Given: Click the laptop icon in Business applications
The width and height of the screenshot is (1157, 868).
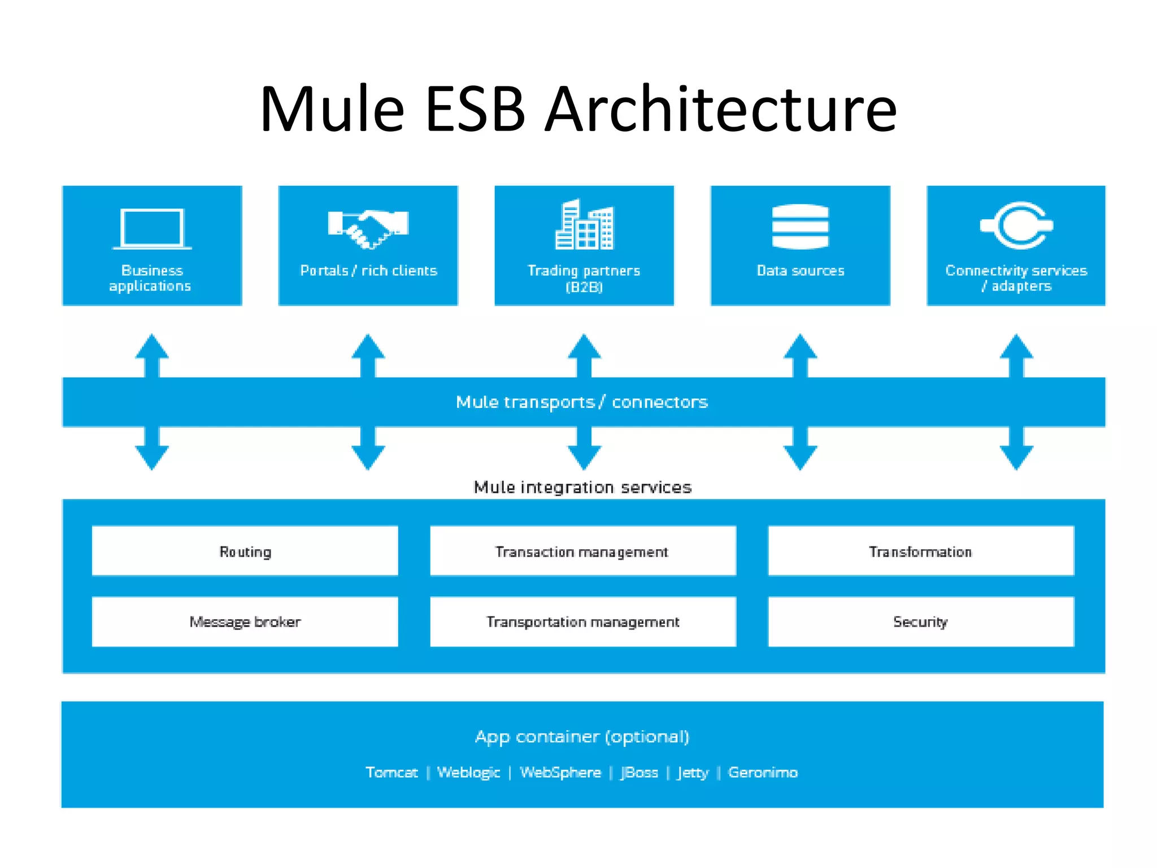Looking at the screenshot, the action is tap(152, 228).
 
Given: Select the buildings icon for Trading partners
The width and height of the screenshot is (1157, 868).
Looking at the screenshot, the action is tap(584, 225).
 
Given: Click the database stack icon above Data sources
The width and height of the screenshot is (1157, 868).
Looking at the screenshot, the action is tap(800, 227).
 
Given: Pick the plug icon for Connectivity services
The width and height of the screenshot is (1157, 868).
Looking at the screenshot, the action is tap(1017, 225).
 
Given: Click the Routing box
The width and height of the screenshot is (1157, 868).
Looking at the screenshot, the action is tap(245, 551).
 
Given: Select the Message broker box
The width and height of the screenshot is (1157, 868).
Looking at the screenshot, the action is tap(245, 622).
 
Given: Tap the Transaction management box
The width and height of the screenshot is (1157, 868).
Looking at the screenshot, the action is tap(582, 551).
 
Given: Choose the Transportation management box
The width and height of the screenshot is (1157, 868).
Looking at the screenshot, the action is tap(582, 622).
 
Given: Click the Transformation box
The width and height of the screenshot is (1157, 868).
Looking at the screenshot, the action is tap(921, 551).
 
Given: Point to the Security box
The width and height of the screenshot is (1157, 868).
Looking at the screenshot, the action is tap(921, 622).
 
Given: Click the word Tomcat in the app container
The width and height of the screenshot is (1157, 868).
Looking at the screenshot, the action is tap(392, 772).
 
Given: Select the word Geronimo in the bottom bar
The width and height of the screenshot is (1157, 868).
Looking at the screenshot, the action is tap(763, 772).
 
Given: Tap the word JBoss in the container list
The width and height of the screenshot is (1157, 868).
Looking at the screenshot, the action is tap(640, 772).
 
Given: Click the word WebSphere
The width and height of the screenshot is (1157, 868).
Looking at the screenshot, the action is tap(560, 772).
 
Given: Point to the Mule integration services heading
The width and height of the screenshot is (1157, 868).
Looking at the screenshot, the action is tap(582, 487).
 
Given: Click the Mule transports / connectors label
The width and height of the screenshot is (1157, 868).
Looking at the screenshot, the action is tap(582, 402).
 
